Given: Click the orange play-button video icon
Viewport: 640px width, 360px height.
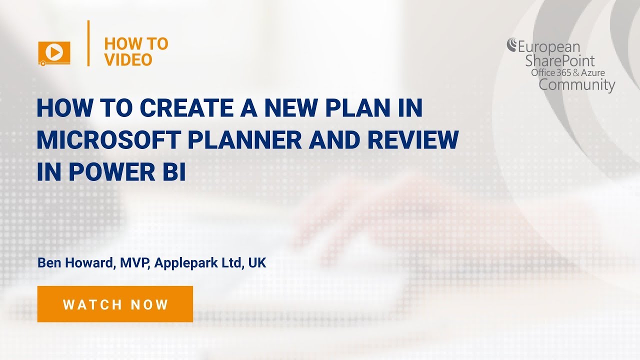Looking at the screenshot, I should (x=54, y=52).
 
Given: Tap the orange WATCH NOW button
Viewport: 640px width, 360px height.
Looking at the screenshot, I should (x=115, y=304).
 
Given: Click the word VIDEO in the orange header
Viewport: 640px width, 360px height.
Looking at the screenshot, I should (x=128, y=60).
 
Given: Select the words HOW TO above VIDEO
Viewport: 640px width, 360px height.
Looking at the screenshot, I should (x=136, y=44).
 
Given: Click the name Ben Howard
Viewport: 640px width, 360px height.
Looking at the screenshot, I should (x=75, y=263).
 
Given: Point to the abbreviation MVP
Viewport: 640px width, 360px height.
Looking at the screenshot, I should (x=134, y=263).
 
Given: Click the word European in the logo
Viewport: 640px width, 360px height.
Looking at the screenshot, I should (x=548, y=48).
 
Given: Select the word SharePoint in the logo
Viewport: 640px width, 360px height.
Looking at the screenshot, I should (x=559, y=61).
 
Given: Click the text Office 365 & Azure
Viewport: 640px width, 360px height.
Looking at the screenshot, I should (x=567, y=73).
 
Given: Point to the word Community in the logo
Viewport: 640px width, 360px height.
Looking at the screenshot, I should (x=576, y=84).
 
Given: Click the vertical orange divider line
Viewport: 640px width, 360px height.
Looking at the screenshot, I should (x=88, y=43).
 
